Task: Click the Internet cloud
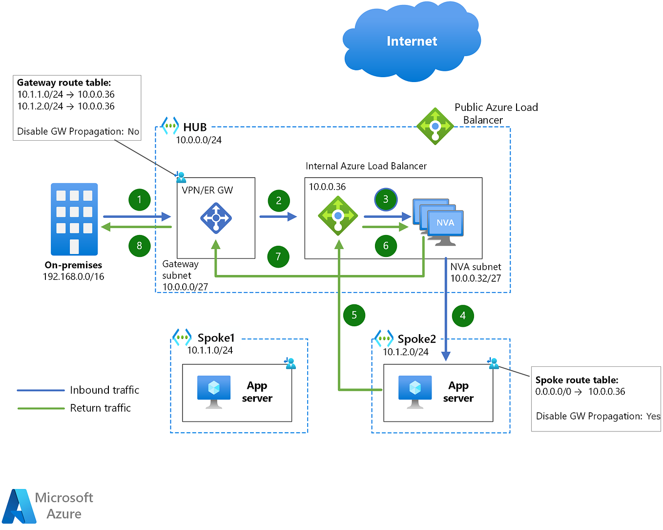click(412, 42)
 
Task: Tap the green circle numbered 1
click(139, 199)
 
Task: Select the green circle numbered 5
click(354, 315)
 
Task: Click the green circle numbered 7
click(278, 256)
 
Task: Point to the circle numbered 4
click(463, 316)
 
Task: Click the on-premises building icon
click(74, 219)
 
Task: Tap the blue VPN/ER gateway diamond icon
click(216, 218)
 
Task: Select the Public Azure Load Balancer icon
click(435, 127)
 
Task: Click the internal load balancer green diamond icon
click(338, 216)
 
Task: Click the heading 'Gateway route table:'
click(64, 83)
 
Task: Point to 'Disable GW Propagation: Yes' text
click(598, 416)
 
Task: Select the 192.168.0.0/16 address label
click(73, 276)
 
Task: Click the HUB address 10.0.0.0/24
click(199, 140)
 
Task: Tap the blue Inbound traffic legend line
click(41, 390)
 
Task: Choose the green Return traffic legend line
click(41, 408)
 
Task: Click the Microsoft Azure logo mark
click(20, 507)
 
